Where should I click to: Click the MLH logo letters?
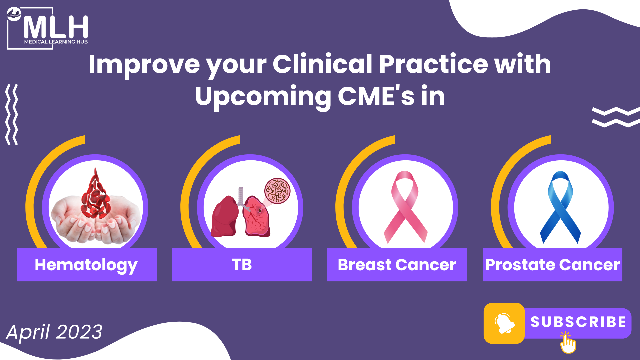[x=56, y=27]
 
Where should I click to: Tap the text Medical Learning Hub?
[x=56, y=42]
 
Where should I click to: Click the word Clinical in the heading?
[x=322, y=64]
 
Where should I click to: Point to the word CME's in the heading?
[x=376, y=96]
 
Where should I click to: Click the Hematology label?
[x=86, y=265]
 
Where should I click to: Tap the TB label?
[x=242, y=265]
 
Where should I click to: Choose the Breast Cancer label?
[x=397, y=265]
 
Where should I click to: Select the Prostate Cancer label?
[x=552, y=265]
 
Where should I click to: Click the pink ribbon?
[x=405, y=207]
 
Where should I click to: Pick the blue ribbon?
[x=560, y=207]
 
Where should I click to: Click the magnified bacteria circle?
[x=277, y=191]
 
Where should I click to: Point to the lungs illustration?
[x=241, y=213]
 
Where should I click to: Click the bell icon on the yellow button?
[x=504, y=323]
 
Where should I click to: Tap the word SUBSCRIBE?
[x=578, y=322]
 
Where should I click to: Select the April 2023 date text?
[x=54, y=332]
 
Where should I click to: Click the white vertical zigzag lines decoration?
[x=12, y=114]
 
